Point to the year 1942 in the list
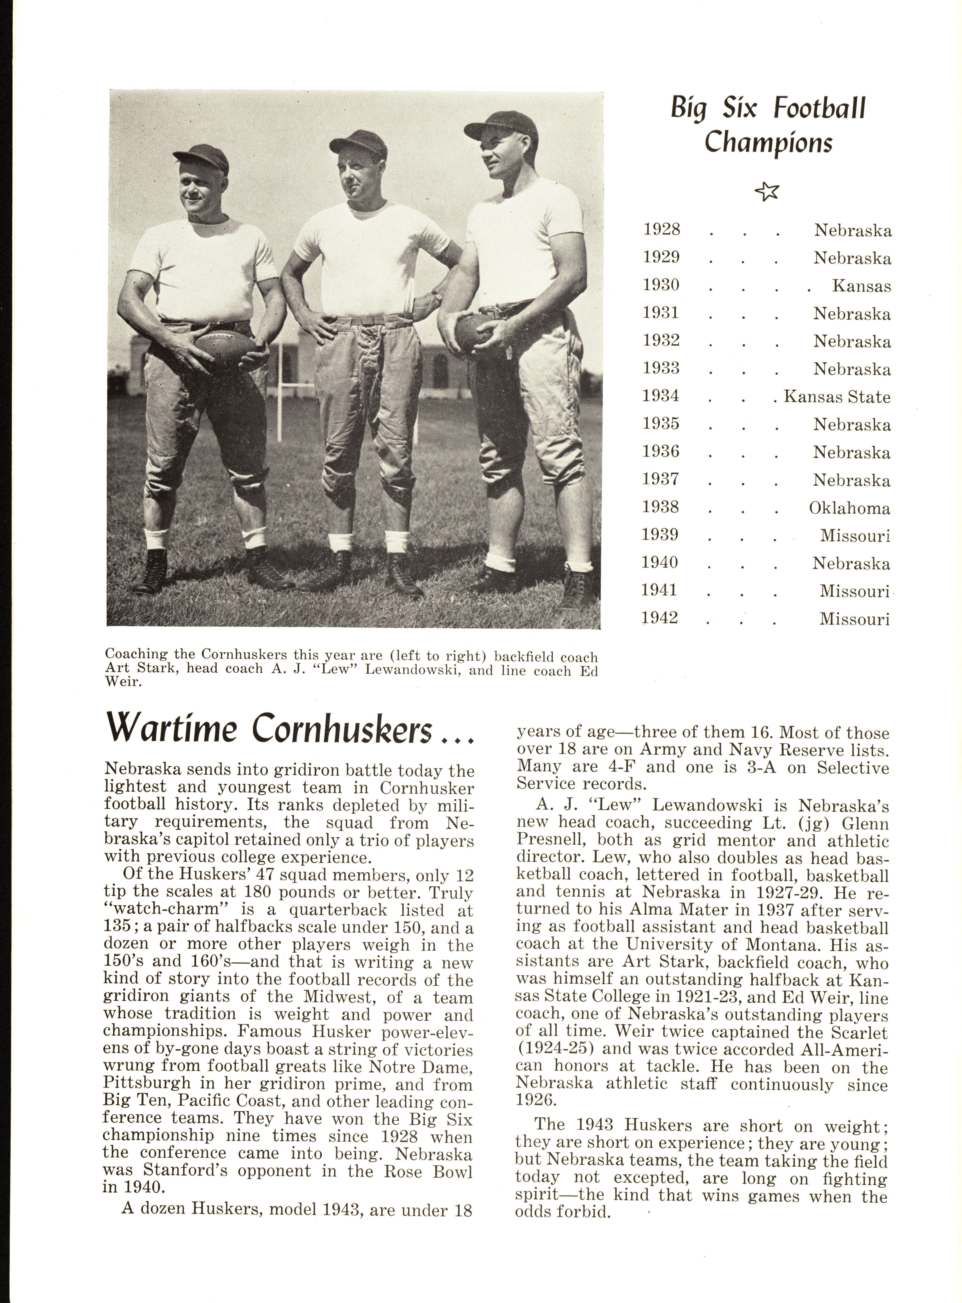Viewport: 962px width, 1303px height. pos(660,618)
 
